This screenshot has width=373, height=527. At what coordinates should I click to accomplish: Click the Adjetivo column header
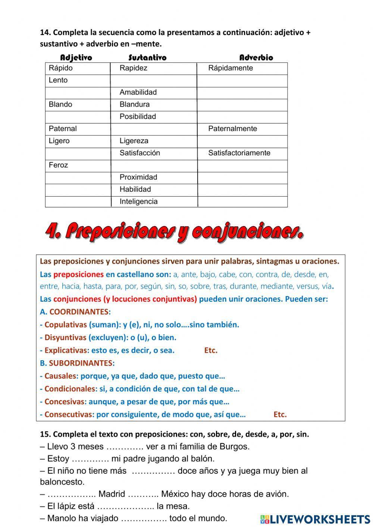(x=76, y=57)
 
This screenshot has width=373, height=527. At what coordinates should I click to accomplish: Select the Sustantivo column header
(x=147, y=57)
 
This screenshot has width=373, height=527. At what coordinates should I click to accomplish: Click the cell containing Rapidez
(x=134, y=68)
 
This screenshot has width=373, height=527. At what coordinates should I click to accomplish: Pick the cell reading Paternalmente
(x=232, y=129)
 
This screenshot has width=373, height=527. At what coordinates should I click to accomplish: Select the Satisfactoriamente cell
(x=239, y=153)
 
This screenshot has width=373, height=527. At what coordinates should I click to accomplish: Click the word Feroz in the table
(x=59, y=165)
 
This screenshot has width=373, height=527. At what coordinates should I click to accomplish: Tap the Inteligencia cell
(x=138, y=201)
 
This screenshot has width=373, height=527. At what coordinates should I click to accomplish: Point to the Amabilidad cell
(x=138, y=92)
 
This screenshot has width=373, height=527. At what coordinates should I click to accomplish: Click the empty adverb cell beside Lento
(x=242, y=81)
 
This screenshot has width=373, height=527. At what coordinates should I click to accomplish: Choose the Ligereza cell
(x=134, y=141)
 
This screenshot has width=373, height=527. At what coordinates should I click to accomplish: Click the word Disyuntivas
(x=65, y=338)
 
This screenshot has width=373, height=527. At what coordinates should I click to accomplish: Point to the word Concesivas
(x=64, y=402)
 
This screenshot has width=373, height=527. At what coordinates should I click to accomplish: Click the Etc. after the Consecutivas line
(x=280, y=414)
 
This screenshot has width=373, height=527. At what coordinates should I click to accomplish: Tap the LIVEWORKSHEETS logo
(x=315, y=519)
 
